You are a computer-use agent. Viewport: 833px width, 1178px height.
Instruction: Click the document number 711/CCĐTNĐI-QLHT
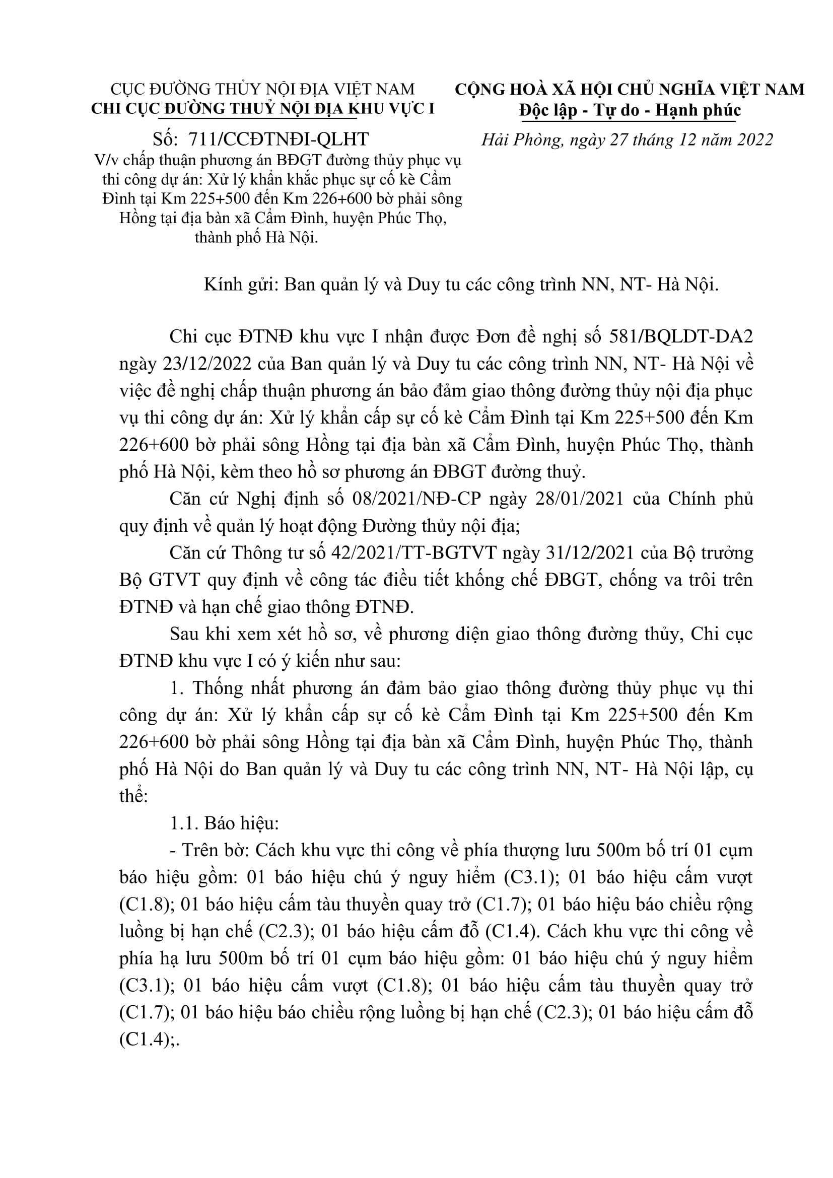[x=279, y=139]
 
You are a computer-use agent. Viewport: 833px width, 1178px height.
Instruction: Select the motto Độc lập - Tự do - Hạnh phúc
[x=630, y=110]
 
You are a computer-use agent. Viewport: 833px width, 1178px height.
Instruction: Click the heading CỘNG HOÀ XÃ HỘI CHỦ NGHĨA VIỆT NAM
[x=630, y=90]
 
